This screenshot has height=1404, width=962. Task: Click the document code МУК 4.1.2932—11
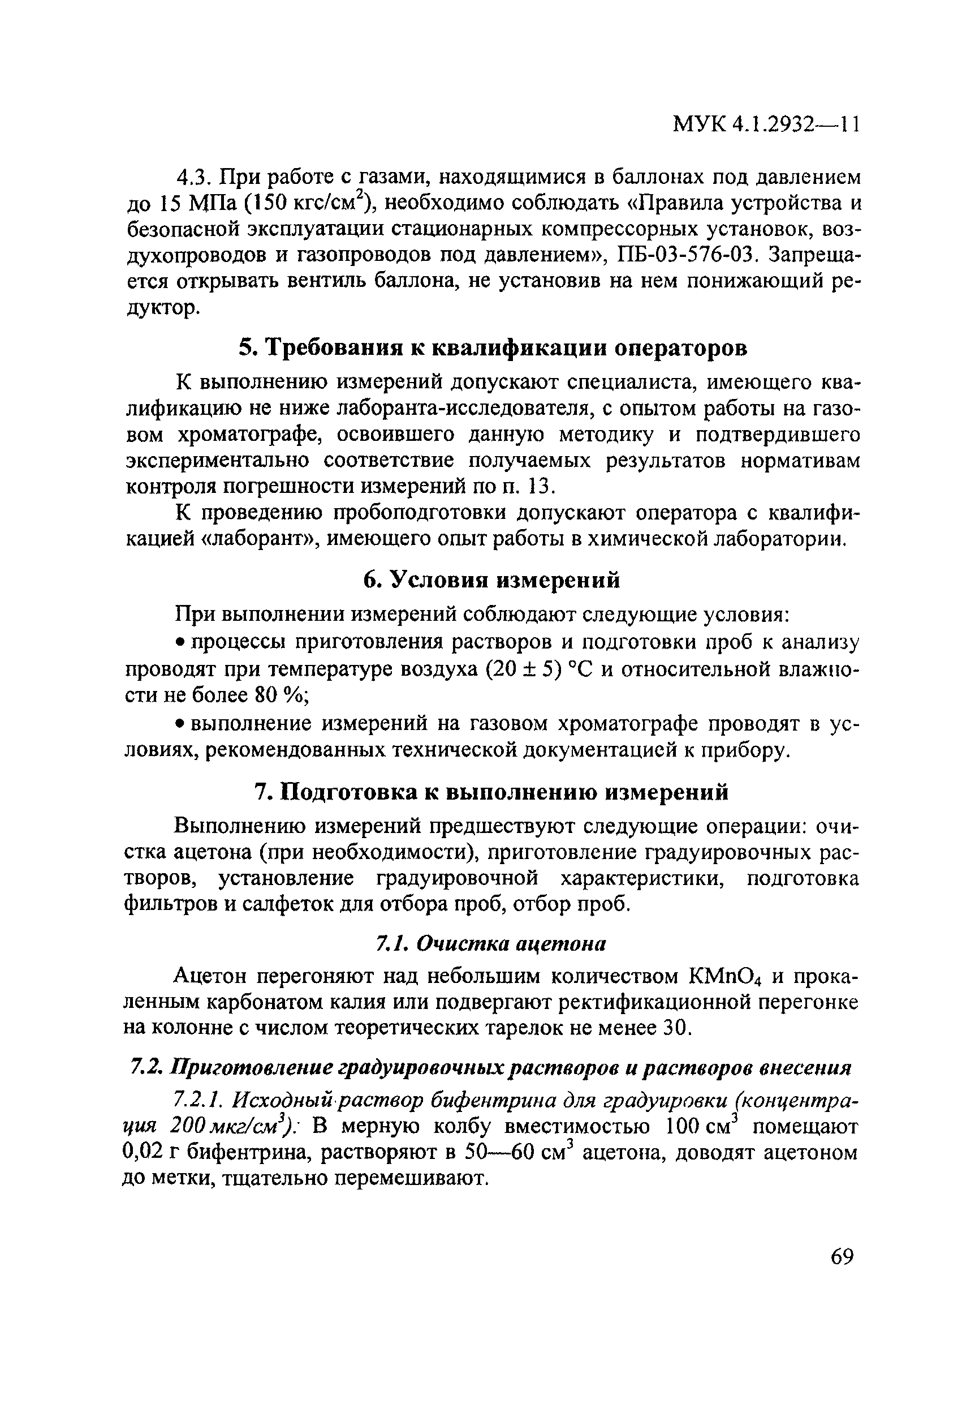[766, 125]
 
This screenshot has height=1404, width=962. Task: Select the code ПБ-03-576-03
[685, 255]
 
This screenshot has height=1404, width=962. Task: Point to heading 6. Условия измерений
[491, 579]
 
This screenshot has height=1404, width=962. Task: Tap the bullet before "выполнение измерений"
[179, 724]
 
